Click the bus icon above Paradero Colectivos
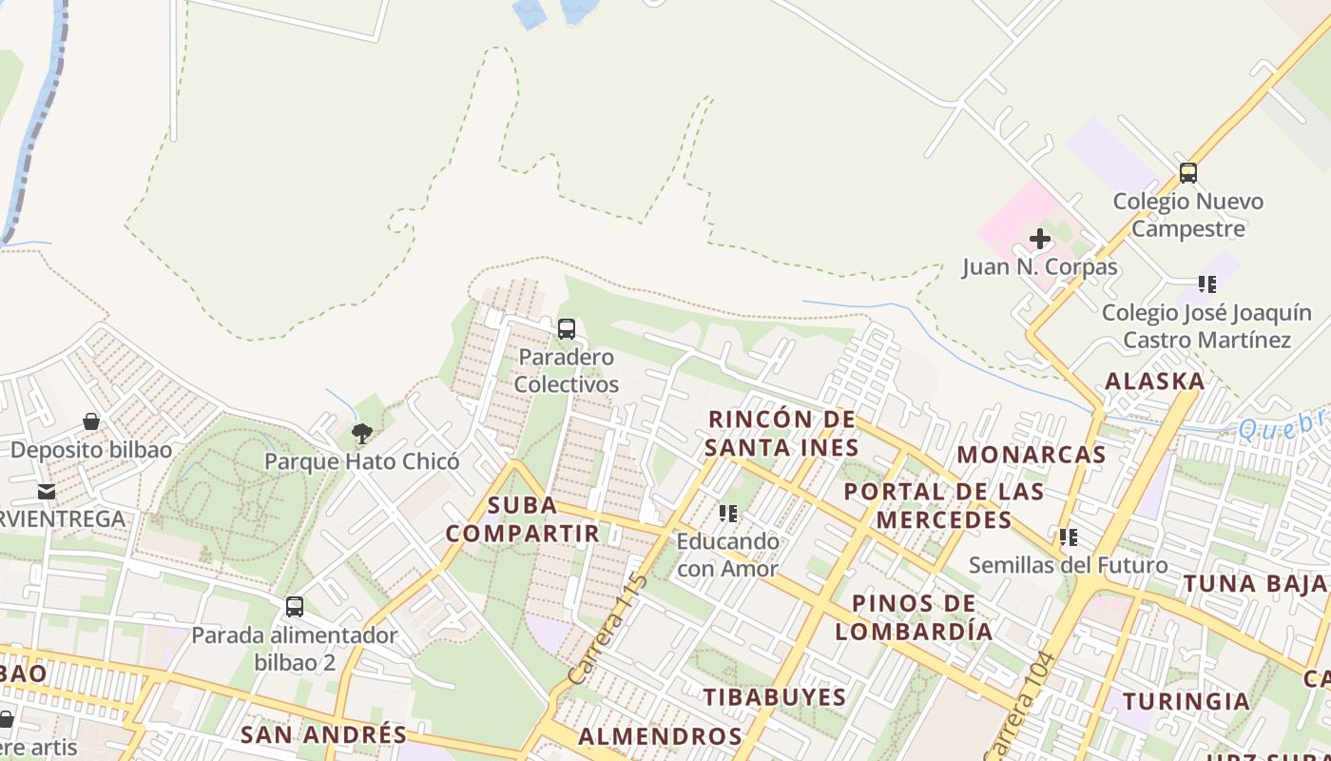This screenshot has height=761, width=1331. pos(567,329)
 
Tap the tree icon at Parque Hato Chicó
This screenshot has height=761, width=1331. pos(361,434)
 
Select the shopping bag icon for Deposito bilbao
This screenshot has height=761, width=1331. pos(91,421)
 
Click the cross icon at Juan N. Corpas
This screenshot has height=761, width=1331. pos(1040,239)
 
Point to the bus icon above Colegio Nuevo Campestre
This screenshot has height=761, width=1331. pos(1187,173)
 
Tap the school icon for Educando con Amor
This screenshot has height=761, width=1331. pos(728,514)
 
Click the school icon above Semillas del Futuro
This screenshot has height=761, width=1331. pos(1069,537)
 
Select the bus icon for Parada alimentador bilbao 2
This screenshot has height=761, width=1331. pos(295,606)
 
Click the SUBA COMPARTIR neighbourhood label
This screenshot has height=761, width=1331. pos(522,519)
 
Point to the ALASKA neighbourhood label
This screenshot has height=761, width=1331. pos(1154,381)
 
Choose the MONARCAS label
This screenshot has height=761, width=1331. pos(1032,455)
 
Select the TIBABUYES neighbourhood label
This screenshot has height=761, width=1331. pos(775,697)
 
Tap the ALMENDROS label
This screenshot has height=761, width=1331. pos(660,736)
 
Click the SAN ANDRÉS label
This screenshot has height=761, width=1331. pos(323,734)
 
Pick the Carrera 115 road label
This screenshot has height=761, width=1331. pos(608,629)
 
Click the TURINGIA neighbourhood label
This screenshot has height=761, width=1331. pos(1186,702)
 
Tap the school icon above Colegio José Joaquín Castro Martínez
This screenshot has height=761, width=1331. pos(1207,284)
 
